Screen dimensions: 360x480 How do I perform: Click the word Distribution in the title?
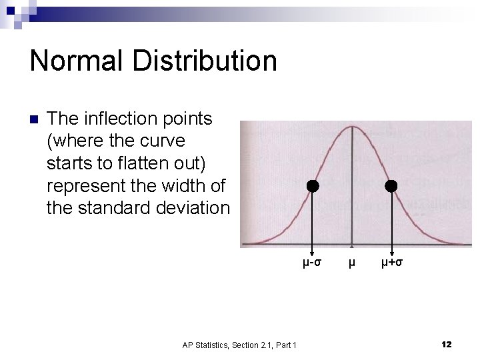[x=204, y=61]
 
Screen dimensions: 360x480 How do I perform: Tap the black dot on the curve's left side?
[x=312, y=186]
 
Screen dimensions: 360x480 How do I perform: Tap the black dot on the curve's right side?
[x=391, y=186]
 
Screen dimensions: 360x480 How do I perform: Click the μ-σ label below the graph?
[x=312, y=262]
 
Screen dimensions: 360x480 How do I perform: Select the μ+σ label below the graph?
[x=391, y=262]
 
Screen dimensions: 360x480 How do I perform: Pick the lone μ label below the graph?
[x=352, y=262]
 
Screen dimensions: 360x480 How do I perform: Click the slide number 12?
[x=446, y=344]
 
